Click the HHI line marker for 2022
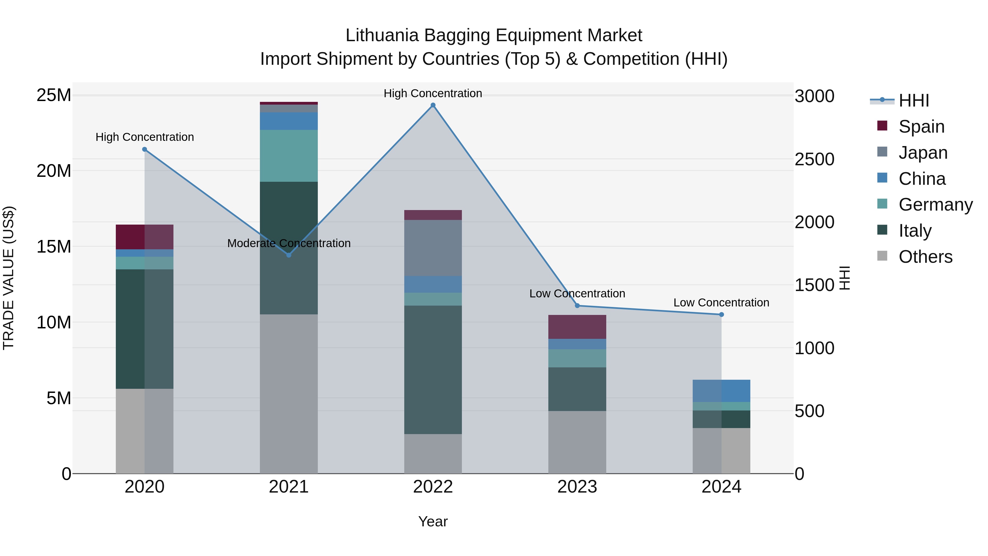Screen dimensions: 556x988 pyautogui.click(x=433, y=105)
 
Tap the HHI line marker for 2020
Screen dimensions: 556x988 pyautogui.click(x=145, y=150)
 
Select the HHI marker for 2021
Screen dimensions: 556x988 pyautogui.click(x=289, y=255)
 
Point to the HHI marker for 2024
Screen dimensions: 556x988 pyautogui.click(x=722, y=315)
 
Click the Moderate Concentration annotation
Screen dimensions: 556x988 pyautogui.click(x=289, y=243)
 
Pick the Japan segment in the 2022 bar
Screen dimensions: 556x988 pyautogui.click(x=433, y=248)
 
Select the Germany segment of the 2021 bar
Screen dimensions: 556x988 pyautogui.click(x=289, y=156)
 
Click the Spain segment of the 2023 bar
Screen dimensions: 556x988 pyautogui.click(x=577, y=327)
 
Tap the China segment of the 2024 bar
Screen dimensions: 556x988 pyautogui.click(x=722, y=391)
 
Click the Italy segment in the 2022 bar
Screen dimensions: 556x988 pyautogui.click(x=433, y=370)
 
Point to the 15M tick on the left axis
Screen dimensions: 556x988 pyautogui.click(x=54, y=246)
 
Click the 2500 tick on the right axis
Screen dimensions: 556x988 pyautogui.click(x=814, y=159)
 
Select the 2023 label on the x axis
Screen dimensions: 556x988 pyautogui.click(x=577, y=487)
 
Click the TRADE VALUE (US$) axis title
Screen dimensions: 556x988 pyautogui.click(x=9, y=278)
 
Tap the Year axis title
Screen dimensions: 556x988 pyautogui.click(x=433, y=521)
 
